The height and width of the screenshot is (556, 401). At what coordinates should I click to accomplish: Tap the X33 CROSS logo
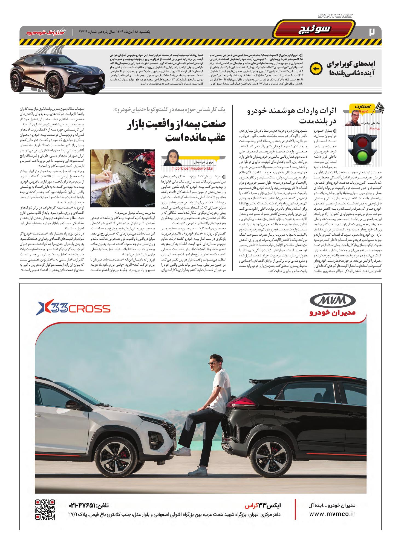pyautogui.click(x=74, y=309)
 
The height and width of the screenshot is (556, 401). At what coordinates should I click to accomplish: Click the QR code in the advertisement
pyautogui.click(x=45, y=509)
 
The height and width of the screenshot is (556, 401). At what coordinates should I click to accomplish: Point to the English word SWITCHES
pyautogui.click(x=336, y=16)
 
